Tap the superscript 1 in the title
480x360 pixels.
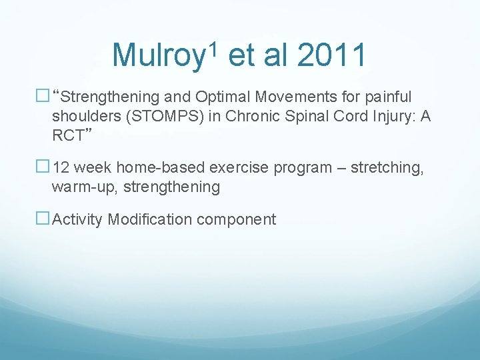tap(213, 47)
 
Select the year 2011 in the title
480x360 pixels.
tap(331, 55)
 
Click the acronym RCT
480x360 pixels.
tap(67, 136)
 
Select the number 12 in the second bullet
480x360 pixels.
tap(61, 167)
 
